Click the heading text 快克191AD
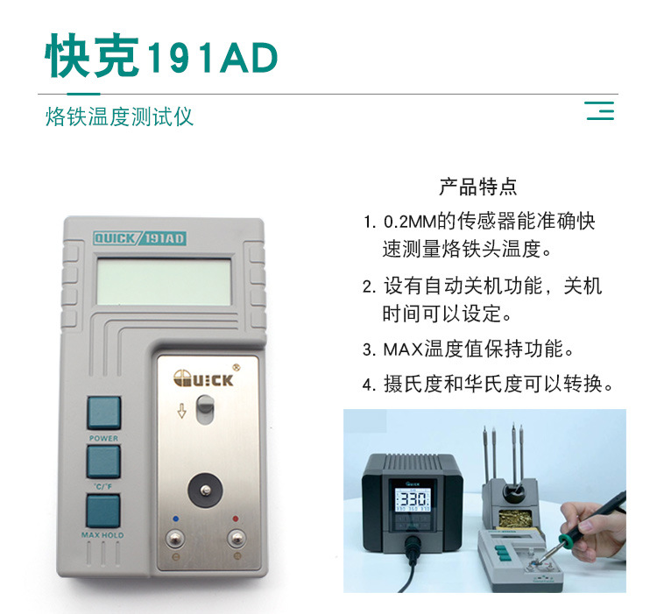click(162, 58)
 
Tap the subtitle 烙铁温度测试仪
click(119, 116)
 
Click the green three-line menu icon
click(599, 111)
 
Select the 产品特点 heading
click(477, 187)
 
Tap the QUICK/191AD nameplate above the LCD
click(139, 237)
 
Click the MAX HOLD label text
click(102, 534)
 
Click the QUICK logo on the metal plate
click(203, 378)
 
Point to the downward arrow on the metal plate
click(181, 410)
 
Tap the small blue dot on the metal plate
click(175, 518)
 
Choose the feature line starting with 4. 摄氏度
click(485, 384)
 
